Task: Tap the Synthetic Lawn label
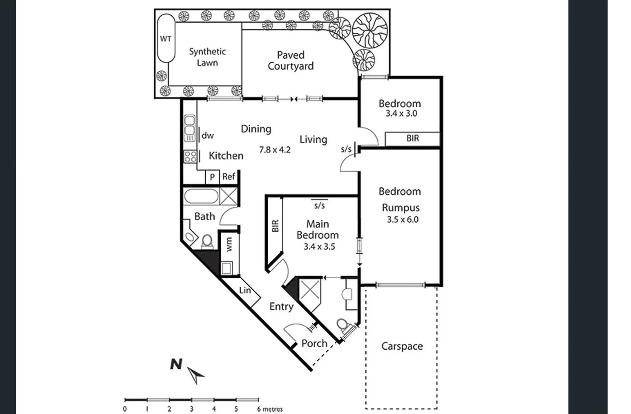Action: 207,57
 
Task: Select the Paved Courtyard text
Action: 291,61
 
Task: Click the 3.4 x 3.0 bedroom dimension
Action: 401,113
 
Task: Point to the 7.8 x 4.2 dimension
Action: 274,150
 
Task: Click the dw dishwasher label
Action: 208,135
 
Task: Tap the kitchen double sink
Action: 189,128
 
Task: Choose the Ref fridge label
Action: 228,176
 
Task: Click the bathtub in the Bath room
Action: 201,196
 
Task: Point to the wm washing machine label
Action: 229,245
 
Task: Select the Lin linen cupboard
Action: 244,291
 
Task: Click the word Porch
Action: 314,343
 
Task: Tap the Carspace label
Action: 402,346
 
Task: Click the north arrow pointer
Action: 197,375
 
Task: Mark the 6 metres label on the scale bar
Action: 270,409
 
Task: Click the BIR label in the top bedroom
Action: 413,138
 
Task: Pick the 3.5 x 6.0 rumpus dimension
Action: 402,220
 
